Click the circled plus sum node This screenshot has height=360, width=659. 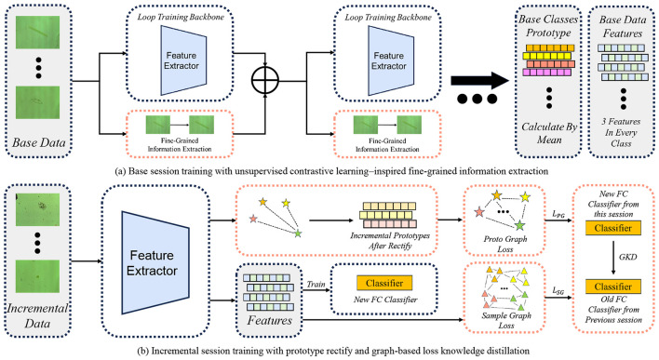[x=264, y=80]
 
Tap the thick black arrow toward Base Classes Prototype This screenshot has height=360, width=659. [x=479, y=81]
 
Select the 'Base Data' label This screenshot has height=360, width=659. [x=39, y=143]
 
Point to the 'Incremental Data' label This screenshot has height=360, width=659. [x=37, y=316]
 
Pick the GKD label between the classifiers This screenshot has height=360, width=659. [x=627, y=257]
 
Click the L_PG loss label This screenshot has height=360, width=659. [x=558, y=214]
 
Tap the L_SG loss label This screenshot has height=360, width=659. [x=558, y=290]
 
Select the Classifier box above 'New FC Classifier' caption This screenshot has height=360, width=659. [x=384, y=283]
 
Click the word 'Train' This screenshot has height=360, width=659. [x=316, y=285]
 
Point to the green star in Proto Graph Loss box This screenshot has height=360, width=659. [x=520, y=225]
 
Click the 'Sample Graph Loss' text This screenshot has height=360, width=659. [x=506, y=320]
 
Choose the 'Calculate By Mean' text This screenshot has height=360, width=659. [x=549, y=133]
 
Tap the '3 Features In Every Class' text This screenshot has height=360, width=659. [x=621, y=132]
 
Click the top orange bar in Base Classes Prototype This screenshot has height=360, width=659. [x=550, y=47]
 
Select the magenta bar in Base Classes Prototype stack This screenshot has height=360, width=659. [x=546, y=73]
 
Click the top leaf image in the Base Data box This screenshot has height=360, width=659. [x=37, y=33]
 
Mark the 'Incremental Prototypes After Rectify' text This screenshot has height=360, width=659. [x=390, y=241]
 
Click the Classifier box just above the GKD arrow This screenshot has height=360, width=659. [x=612, y=228]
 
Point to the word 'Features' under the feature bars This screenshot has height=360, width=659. [x=269, y=321]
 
